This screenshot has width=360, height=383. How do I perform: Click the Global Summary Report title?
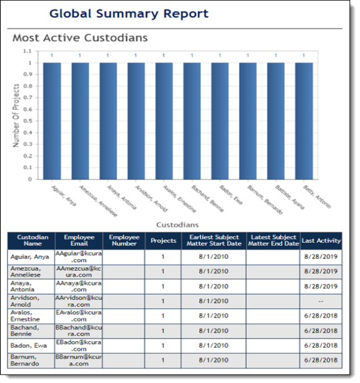[x=128, y=13]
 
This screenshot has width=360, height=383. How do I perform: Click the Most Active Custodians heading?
[x=80, y=38]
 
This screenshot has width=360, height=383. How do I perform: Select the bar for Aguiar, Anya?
[x=52, y=120]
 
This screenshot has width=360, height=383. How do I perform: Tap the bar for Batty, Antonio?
[x=303, y=120]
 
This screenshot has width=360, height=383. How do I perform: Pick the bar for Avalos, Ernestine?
[x=164, y=120]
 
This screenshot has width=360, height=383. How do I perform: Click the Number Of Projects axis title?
[x=16, y=114]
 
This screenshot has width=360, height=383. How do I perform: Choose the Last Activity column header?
[x=321, y=241]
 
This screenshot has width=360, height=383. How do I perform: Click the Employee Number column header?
[x=124, y=241]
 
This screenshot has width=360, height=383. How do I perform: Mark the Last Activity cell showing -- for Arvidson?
[x=321, y=301]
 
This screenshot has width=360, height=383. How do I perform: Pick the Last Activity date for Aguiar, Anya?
[x=321, y=257]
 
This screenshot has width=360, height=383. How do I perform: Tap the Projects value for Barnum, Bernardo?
[x=162, y=360]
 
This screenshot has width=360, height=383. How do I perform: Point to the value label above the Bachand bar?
[x=192, y=56]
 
